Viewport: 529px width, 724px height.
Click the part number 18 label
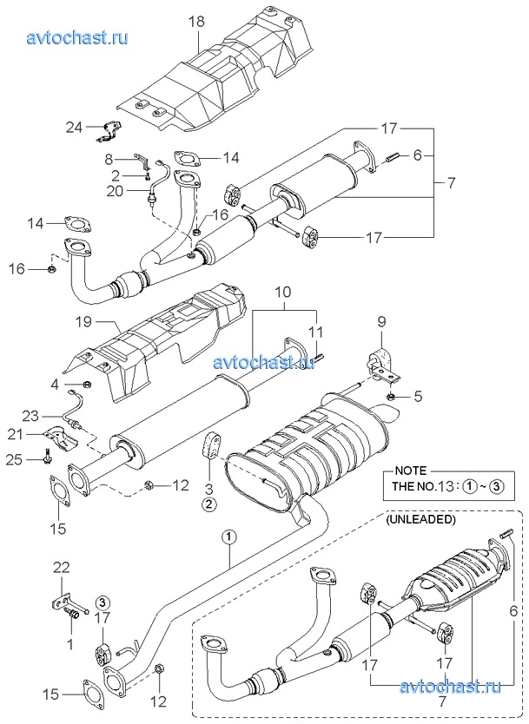pyautogui.click(x=196, y=22)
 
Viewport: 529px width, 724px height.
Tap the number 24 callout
pyautogui.click(x=74, y=128)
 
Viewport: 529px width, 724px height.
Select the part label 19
pyautogui.click(x=83, y=321)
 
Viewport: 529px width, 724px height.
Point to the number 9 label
pyautogui.click(x=381, y=321)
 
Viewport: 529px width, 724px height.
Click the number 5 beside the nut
pyautogui.click(x=418, y=397)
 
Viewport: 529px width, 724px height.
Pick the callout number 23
pyautogui.click(x=30, y=417)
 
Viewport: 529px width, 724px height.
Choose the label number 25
pyautogui.click(x=14, y=460)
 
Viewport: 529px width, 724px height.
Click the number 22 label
pyautogui.click(x=62, y=568)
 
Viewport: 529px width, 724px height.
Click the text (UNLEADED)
pyautogui.click(x=421, y=519)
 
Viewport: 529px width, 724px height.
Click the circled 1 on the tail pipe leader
pyautogui.click(x=229, y=536)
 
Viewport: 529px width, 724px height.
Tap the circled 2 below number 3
pyautogui.click(x=208, y=504)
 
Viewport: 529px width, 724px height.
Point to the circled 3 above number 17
pyautogui.click(x=102, y=602)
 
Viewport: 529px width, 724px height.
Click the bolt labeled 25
pyautogui.click(x=48, y=455)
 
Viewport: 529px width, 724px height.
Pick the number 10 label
pyautogui.click(x=284, y=292)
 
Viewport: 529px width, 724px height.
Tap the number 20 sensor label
pyautogui.click(x=115, y=190)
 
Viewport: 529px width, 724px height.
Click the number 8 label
pyautogui.click(x=109, y=160)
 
